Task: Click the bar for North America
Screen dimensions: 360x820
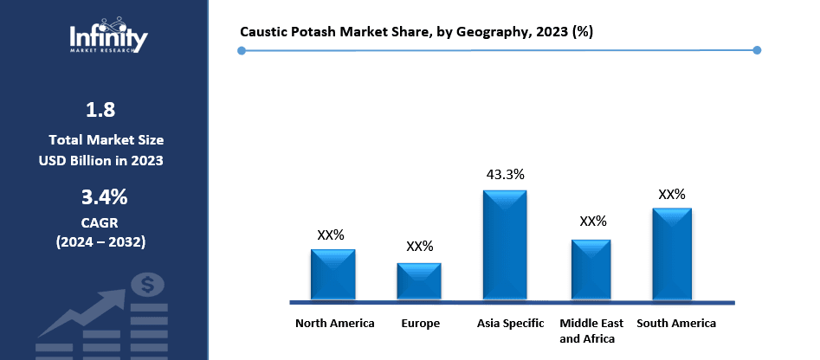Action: point(333,275)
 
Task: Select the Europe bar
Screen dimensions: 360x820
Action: point(419,282)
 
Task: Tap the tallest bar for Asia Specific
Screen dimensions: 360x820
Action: point(505,246)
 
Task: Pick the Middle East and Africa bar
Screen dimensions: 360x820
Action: point(591,270)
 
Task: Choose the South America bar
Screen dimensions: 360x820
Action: point(672,254)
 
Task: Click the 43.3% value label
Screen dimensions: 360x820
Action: point(505,174)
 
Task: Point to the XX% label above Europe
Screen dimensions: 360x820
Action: point(419,247)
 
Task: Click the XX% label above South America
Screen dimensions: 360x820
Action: point(672,194)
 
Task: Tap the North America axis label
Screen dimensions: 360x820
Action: point(334,324)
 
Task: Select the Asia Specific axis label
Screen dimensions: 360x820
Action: point(511,324)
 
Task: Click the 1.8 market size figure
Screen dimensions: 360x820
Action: point(100,110)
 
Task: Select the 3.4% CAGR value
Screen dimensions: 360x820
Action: point(104,197)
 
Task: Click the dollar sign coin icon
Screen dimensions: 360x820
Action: point(148,284)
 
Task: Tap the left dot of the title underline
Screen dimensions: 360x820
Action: point(242,50)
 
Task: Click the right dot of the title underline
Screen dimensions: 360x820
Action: point(757,50)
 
